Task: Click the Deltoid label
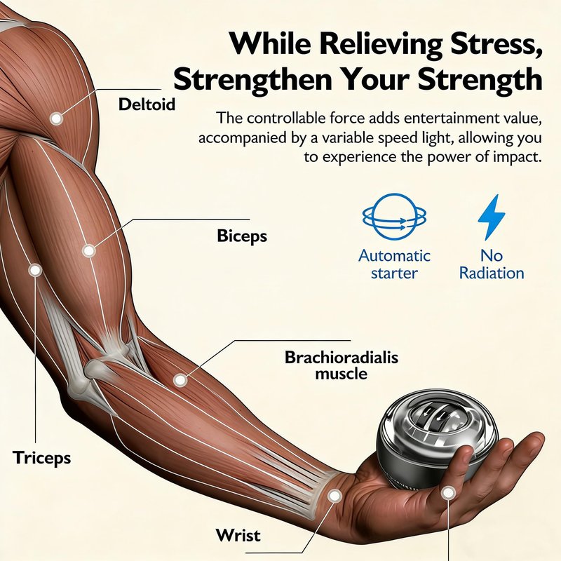point(147,104)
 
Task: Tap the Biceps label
point(242,236)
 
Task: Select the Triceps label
point(41,458)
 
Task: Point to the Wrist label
point(238,535)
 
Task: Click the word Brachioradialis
point(342,358)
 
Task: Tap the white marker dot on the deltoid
point(56,119)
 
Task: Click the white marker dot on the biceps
point(88,250)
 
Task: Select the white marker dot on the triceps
point(35,270)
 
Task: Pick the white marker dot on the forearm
point(180,380)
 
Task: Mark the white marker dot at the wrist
point(334,496)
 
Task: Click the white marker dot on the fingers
point(447,494)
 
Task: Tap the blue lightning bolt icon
point(492,217)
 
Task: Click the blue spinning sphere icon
point(394,217)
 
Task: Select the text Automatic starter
point(394,264)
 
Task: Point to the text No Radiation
point(492,264)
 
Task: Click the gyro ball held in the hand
point(437,441)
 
